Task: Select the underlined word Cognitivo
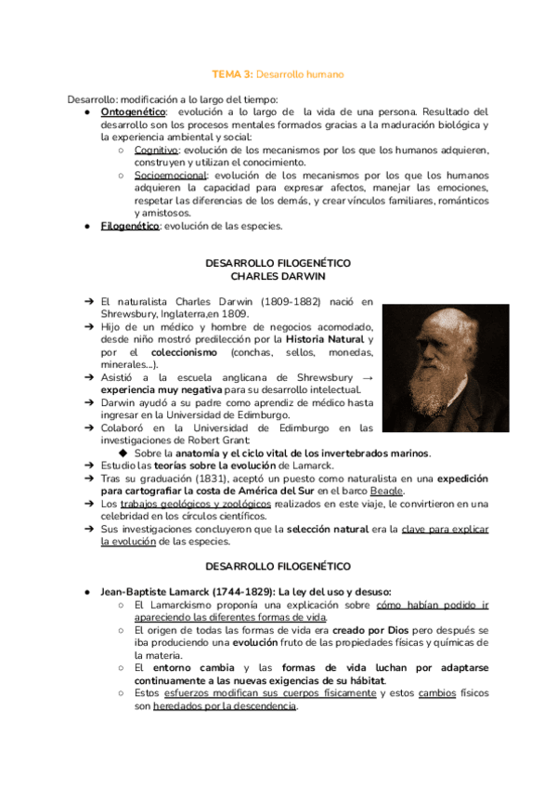click(156, 150)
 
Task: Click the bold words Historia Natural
click(325, 339)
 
